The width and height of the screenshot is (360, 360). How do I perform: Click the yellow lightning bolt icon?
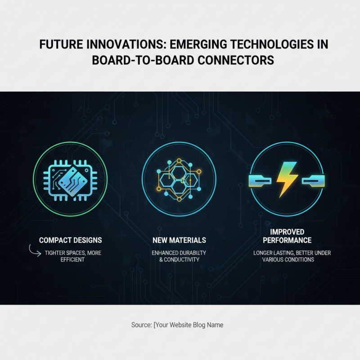286,179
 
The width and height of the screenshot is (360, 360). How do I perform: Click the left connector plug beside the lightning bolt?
260,181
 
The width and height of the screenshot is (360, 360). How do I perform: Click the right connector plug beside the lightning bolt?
313,181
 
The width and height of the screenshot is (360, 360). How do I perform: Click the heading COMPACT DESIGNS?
70,240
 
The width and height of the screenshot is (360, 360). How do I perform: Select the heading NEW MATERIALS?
179,240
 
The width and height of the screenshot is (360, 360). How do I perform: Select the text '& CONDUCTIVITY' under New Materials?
179,260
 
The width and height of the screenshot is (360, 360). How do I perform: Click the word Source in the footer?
141,324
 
